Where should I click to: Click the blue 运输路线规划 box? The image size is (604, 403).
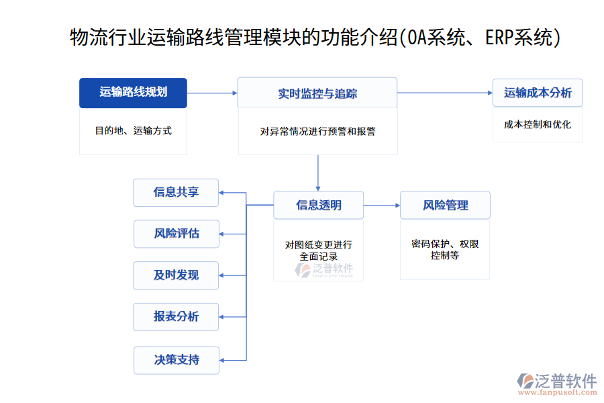pos(133,93)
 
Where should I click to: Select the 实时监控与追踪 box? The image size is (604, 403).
pos(317,93)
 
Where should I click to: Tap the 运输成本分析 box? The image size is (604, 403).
pos(538,93)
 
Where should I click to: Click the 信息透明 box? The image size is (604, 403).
pos(318,205)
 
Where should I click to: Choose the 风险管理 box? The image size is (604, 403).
pos(445,205)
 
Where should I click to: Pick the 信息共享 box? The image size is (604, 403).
pos(176,192)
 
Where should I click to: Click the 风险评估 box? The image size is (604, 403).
pos(176,234)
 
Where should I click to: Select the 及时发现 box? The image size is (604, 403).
pos(176,275)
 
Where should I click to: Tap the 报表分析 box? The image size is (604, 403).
pos(176,317)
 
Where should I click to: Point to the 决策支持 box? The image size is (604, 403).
pos(177,359)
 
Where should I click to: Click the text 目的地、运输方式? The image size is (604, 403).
pos(133,131)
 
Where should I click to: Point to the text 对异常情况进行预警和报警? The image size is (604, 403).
pos(317,132)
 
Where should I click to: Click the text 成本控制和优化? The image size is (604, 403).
pos(538,124)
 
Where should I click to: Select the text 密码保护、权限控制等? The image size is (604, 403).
pos(445,249)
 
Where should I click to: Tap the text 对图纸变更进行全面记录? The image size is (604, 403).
pos(318,250)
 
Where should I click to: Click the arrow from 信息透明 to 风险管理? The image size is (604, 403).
pos(381,205)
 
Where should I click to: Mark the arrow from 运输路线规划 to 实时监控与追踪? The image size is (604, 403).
pos(212,93)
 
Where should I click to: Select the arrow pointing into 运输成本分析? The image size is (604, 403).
pos(444,93)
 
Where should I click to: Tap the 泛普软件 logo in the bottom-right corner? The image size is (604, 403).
pos(556,383)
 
